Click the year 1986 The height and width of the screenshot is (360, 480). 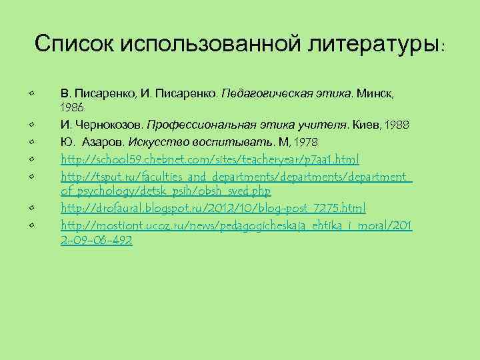pos(72,107)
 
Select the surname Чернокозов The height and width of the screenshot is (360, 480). pos(107,125)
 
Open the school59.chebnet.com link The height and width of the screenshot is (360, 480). pos(210,160)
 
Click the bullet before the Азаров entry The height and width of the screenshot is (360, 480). pos(32,142)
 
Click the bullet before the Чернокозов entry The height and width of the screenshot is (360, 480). pos(32,125)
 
